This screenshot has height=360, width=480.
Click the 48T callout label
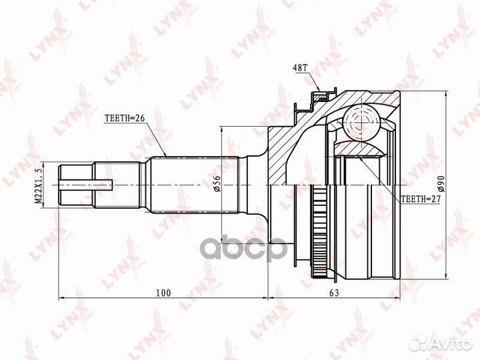pos(299,68)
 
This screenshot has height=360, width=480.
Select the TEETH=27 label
pos(420,199)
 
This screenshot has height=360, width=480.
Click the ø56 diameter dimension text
pos(217,184)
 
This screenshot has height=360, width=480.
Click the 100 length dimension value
pos(163,293)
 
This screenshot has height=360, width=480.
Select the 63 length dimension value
pos(334,293)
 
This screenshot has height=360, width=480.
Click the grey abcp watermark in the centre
pos(244,247)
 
